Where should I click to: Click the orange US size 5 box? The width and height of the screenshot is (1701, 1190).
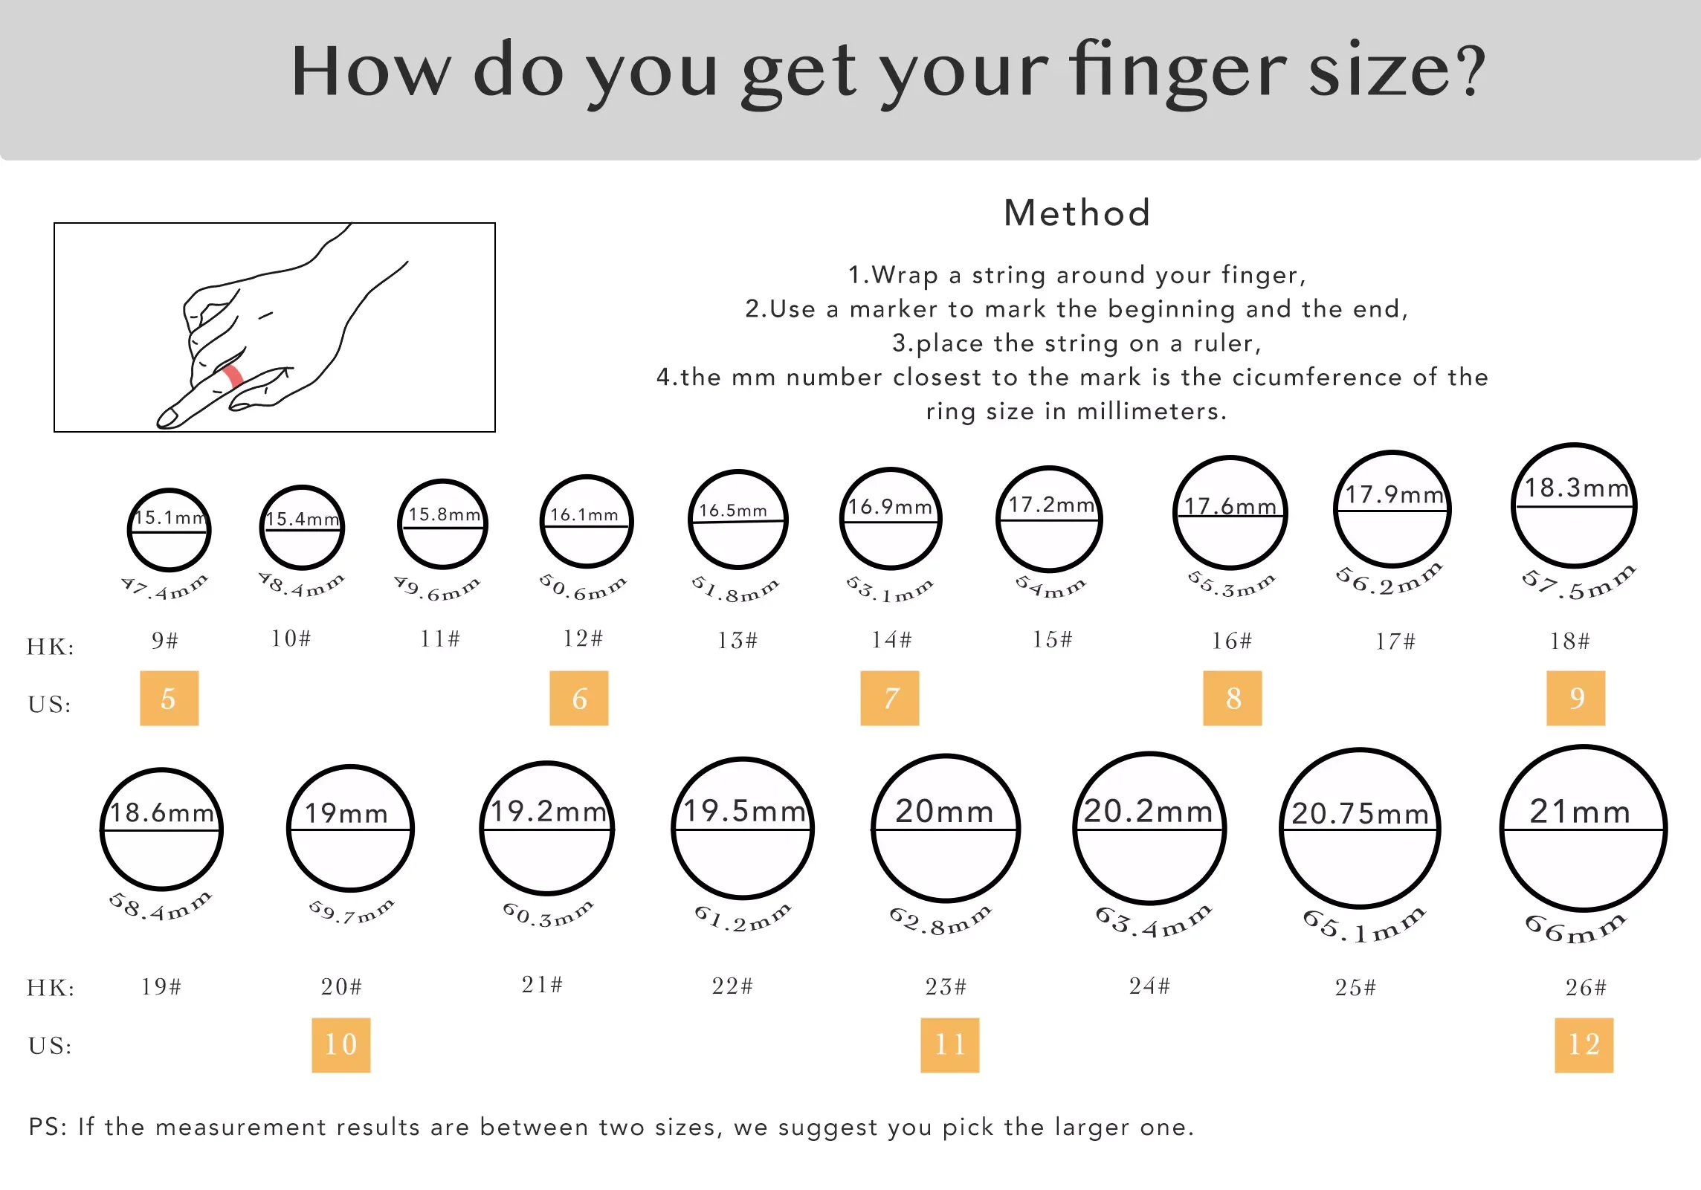click(170, 698)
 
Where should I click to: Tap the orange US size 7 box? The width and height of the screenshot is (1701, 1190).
click(890, 698)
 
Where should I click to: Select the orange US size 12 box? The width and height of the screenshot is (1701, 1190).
click(1584, 1045)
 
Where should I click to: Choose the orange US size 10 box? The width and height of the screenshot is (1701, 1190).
click(341, 1045)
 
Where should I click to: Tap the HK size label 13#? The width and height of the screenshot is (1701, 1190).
click(737, 640)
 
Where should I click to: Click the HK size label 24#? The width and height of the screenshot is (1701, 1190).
click(1149, 986)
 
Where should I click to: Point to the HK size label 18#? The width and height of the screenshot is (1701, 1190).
click(1569, 641)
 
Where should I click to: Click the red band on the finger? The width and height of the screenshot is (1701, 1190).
click(233, 376)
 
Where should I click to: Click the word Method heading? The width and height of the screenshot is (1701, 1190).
click(1077, 213)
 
